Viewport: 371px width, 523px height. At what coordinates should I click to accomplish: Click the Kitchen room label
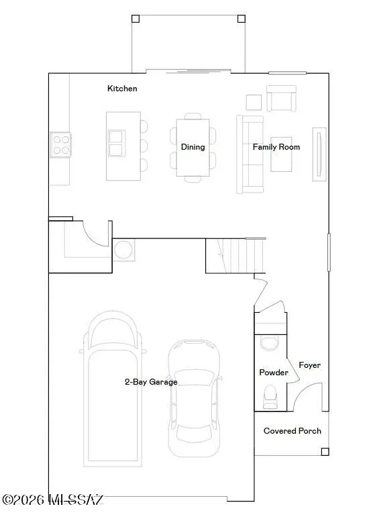(122, 89)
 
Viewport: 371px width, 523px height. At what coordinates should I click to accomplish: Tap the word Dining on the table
(193, 147)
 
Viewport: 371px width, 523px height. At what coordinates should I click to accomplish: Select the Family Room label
(276, 147)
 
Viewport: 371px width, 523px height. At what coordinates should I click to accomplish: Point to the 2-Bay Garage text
(151, 382)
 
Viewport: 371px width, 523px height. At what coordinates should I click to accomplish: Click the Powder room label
(274, 373)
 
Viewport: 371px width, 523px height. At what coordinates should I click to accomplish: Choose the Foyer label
(309, 365)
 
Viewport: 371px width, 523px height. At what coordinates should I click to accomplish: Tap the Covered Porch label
(292, 431)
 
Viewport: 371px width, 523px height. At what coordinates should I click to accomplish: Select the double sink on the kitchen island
(116, 143)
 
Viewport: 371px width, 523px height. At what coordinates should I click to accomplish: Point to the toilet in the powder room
(272, 396)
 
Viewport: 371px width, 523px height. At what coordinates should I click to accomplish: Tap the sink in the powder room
(270, 343)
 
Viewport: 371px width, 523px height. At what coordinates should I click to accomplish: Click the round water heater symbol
(123, 250)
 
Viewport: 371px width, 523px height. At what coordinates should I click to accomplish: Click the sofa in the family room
(249, 154)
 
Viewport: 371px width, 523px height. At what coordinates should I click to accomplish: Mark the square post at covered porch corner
(325, 452)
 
